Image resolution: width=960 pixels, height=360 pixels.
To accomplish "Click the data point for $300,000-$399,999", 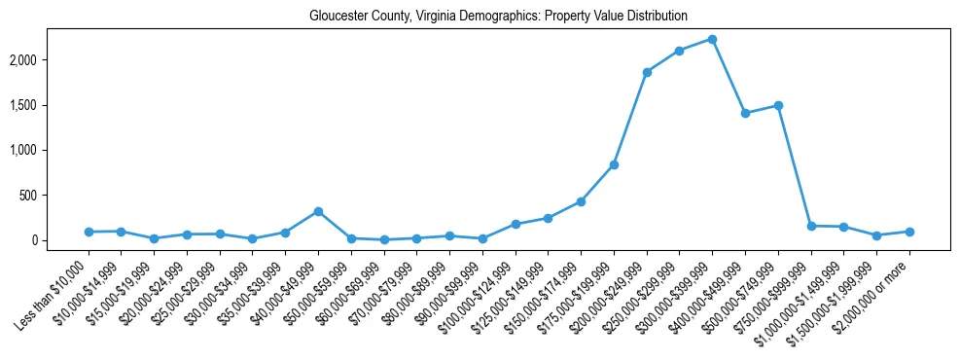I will pyautogui.click(x=712, y=39).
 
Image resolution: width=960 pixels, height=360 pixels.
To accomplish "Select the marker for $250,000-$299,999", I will pyautogui.click(x=679, y=51).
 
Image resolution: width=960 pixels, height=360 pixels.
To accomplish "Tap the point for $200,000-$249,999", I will pyautogui.click(x=647, y=72).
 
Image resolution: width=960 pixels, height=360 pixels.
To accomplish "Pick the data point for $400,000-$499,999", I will pyautogui.click(x=745, y=113).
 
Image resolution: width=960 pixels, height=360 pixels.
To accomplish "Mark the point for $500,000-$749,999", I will pyautogui.click(x=778, y=105).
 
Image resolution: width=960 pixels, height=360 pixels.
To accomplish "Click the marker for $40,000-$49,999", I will pyautogui.click(x=318, y=211).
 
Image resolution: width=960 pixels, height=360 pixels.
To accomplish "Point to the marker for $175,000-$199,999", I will pyautogui.click(x=614, y=164).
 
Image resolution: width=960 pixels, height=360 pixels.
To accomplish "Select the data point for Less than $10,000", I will pyautogui.click(x=89, y=232).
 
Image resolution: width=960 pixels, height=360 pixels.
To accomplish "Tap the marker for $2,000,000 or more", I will pyautogui.click(x=909, y=232).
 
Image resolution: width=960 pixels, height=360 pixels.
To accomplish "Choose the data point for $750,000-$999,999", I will pyautogui.click(x=811, y=226).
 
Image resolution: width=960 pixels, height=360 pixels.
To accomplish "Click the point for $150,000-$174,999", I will pyautogui.click(x=581, y=201).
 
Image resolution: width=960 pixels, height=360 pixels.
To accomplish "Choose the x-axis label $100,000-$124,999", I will pyautogui.click(x=479, y=282).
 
